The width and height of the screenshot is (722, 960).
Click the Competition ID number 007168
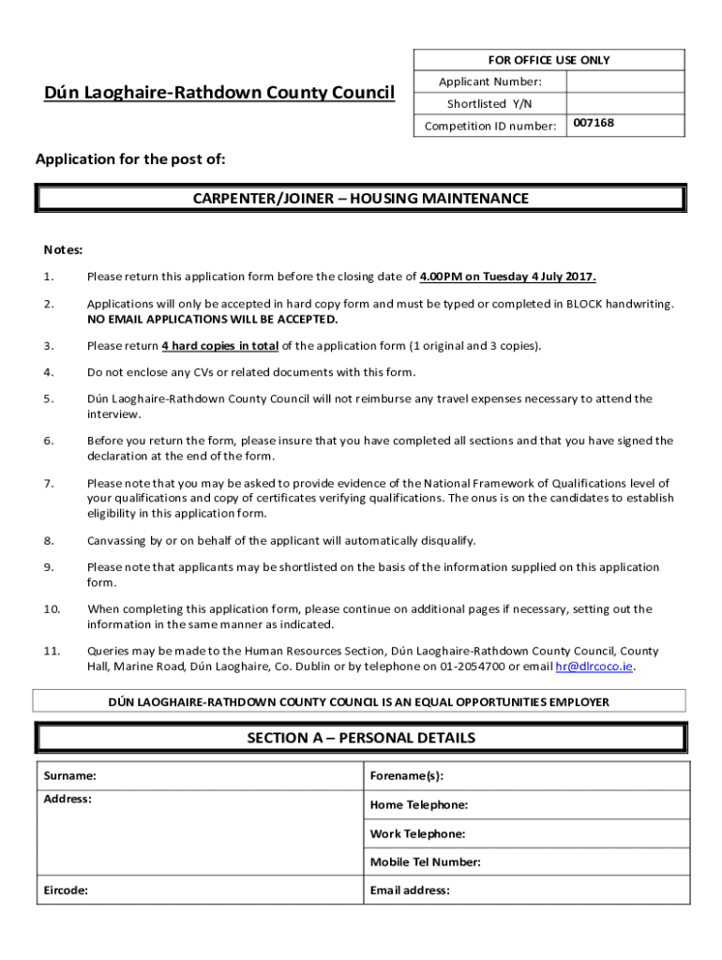tap(594, 123)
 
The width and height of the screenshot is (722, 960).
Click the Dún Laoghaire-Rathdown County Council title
tap(219, 92)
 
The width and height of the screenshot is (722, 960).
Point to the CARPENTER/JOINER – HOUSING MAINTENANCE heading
tap(360, 199)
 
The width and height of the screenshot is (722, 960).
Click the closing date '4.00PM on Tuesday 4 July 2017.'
tap(507, 277)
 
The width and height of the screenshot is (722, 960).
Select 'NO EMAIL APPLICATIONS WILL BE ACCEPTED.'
tap(212, 320)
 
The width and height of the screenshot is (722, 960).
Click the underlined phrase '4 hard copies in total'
tap(219, 346)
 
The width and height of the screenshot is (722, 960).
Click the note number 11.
tap(52, 651)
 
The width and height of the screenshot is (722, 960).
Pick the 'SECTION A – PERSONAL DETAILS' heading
tap(360, 738)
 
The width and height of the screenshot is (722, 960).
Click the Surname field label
tap(69, 776)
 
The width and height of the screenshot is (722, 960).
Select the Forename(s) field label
tap(406, 776)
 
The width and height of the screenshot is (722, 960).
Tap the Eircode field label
tap(66, 891)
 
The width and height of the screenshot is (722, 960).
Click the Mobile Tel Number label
tap(425, 862)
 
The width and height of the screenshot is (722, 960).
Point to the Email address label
tap(410, 891)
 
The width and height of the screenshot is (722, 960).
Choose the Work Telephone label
tap(417, 834)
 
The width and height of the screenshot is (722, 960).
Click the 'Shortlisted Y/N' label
tap(489, 104)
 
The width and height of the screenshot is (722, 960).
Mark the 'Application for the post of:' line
tap(130, 159)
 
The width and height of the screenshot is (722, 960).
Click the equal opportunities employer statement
tap(359, 701)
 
